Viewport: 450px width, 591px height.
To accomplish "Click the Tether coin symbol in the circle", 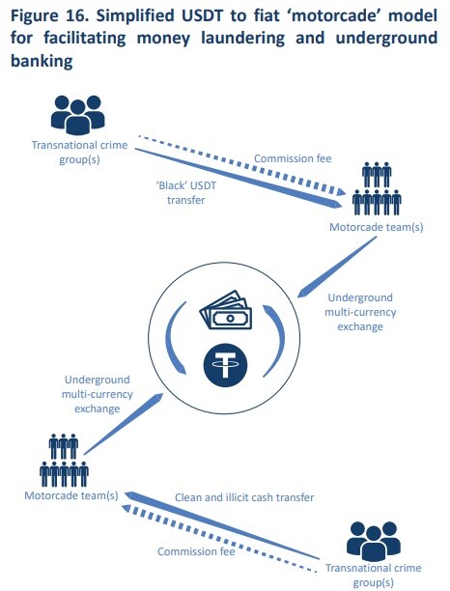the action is pyautogui.click(x=225, y=365).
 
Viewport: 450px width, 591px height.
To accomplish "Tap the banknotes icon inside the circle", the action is pyautogui.click(x=225, y=310).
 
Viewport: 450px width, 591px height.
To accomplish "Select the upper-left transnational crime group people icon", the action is pyautogui.click(x=77, y=115).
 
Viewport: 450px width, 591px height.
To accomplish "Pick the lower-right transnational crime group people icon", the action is pyautogui.click(x=373, y=541).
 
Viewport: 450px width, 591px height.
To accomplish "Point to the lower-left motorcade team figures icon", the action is pyautogui.click(x=64, y=460).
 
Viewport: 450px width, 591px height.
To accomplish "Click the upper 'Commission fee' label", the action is pyautogui.click(x=293, y=158).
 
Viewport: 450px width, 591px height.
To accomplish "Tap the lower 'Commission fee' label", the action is pyautogui.click(x=196, y=551).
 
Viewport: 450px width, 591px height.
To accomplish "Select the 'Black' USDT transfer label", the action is pyautogui.click(x=185, y=192).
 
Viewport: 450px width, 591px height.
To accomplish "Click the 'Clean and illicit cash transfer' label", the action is pyautogui.click(x=244, y=497).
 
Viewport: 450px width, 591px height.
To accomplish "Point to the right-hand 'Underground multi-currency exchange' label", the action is pyautogui.click(x=360, y=312).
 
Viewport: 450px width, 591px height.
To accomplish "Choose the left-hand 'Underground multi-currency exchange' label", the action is pyautogui.click(x=98, y=394).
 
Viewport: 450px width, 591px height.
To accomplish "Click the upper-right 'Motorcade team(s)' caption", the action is pyautogui.click(x=377, y=227).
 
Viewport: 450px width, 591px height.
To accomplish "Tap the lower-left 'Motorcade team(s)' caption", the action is pyautogui.click(x=71, y=495).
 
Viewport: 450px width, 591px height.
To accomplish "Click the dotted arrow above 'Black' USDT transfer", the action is pyautogui.click(x=241, y=164).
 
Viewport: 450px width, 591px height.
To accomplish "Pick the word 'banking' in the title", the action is pyautogui.click(x=42, y=61).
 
